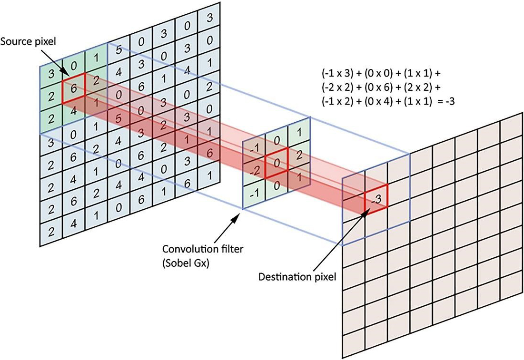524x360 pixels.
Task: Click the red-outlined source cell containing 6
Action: point(74,88)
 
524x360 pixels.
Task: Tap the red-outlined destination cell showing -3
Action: point(376,199)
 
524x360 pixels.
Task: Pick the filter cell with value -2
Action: point(254,171)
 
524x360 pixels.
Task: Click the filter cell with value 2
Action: point(299,156)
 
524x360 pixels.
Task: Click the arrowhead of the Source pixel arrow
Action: point(66,73)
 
